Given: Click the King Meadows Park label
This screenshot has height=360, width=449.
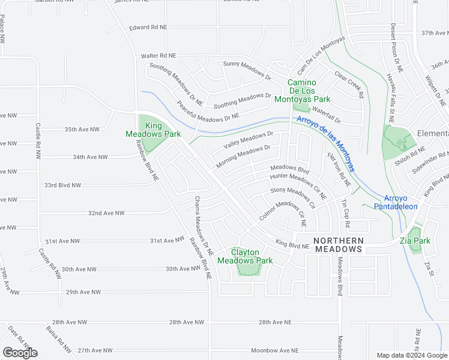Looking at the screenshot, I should point(145,130).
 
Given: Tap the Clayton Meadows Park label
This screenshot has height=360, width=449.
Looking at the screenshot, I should point(244,256).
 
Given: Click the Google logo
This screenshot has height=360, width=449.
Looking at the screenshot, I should point(20,353).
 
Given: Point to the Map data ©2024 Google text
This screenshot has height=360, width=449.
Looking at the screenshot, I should point(411,355).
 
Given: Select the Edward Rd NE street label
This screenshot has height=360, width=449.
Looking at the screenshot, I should point(148,28).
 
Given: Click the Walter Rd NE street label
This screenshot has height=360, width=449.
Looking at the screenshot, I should point(158,55).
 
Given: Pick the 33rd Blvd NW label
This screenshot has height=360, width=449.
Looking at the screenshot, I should point(62,185).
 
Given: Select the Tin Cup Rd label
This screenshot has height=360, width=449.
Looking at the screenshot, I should point(345,213).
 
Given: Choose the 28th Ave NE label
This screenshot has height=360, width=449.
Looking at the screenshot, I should point(275,322).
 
